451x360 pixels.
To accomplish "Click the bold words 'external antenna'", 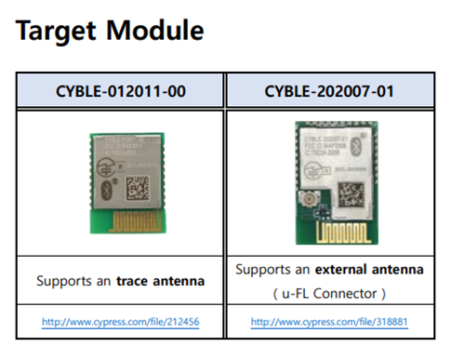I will tap(370, 269).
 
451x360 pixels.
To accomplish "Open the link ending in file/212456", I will tap(122, 322).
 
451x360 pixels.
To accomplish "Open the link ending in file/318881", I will tap(330, 322).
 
